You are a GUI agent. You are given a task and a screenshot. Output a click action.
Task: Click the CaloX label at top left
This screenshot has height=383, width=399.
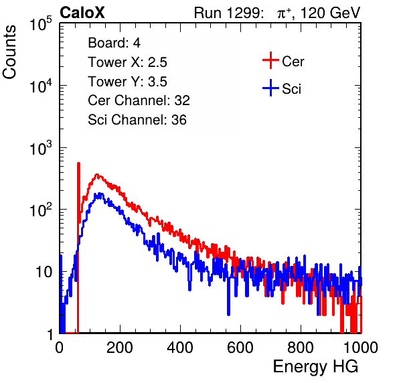click(x=82, y=13)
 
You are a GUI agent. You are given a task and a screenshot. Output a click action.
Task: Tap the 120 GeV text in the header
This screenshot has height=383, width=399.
click(x=331, y=13)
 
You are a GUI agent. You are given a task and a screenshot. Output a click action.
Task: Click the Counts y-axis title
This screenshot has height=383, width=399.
click(x=9, y=52)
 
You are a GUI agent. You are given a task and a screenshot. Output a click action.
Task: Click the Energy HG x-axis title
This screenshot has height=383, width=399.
click(x=315, y=367)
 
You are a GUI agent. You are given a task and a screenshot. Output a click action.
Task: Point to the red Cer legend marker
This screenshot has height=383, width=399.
click(x=270, y=60)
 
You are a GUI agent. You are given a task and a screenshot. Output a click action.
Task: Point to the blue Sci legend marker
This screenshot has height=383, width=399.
click(x=270, y=88)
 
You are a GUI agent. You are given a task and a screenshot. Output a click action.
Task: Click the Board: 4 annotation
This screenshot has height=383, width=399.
click(x=114, y=43)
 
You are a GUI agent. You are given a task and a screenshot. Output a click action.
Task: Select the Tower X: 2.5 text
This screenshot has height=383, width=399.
click(x=127, y=62)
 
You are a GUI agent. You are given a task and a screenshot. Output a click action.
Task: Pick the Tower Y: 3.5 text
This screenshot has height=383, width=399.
click(x=127, y=82)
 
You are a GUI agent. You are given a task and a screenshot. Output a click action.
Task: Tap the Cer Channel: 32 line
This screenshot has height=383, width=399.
click(x=139, y=100)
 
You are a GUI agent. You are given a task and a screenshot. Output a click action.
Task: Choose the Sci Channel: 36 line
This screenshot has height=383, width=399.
click(x=137, y=120)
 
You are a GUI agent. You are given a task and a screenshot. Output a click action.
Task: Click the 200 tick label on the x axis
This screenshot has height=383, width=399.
click(x=120, y=348)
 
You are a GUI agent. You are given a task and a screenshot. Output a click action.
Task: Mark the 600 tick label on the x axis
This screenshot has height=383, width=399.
click(x=240, y=348)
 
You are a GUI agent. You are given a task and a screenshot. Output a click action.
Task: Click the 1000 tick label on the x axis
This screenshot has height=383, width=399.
click(x=361, y=348)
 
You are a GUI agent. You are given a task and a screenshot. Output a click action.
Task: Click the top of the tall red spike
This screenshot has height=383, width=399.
click(x=78, y=163)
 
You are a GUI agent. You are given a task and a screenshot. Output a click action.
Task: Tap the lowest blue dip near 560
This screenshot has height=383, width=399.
click(x=228, y=314)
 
